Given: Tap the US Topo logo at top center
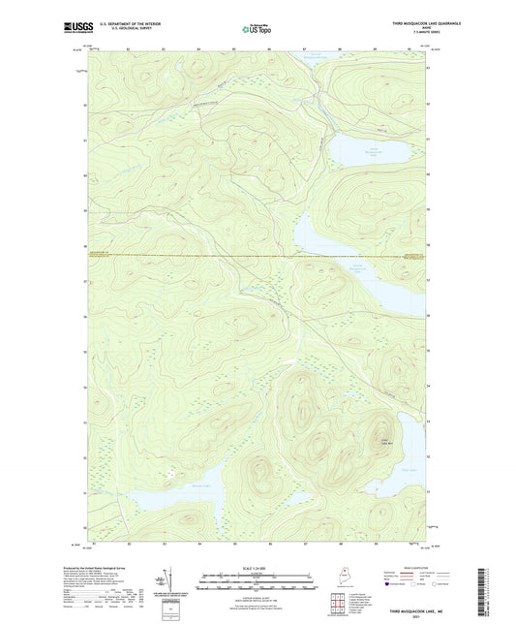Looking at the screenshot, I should tap(257, 30).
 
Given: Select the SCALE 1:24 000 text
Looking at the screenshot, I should tap(257, 567).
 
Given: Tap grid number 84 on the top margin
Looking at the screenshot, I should tap(198, 47).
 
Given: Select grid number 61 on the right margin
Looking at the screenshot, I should tap(429, 139).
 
